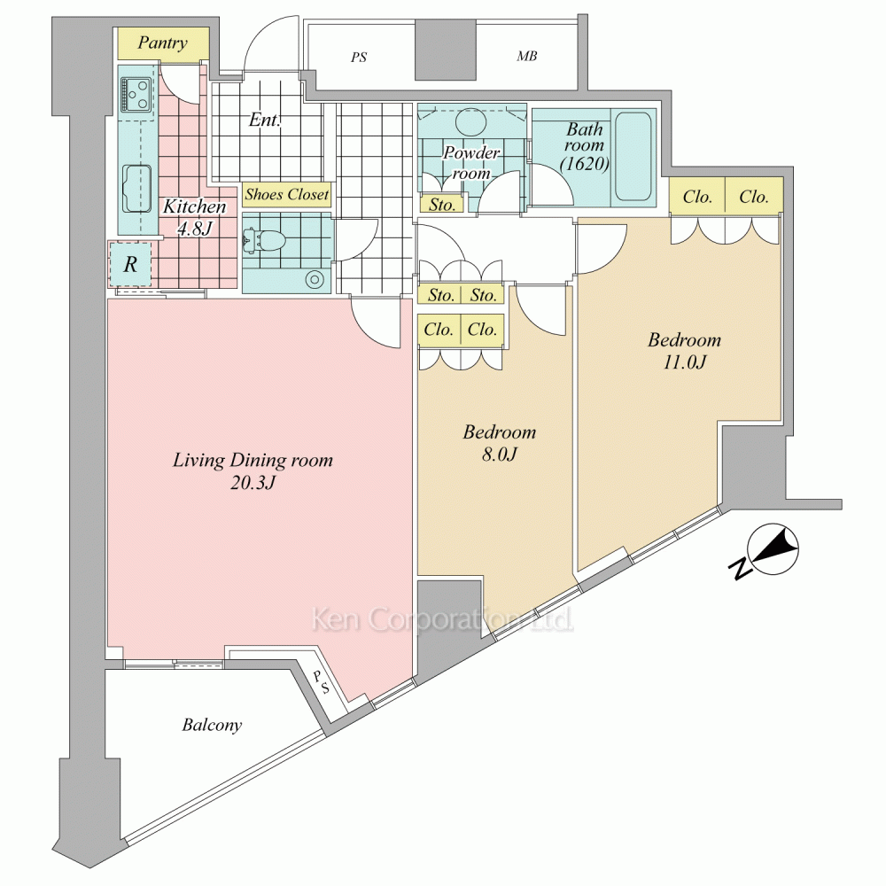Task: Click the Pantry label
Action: tap(163, 43)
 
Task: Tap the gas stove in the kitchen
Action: tap(136, 95)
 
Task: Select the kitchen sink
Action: tap(137, 188)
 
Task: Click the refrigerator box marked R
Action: tap(130, 264)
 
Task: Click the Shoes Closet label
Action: tap(286, 194)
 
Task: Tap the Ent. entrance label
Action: tap(264, 120)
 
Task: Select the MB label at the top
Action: tap(526, 56)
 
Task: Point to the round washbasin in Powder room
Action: tap(471, 120)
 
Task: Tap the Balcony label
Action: tap(212, 725)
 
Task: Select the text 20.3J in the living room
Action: tap(253, 483)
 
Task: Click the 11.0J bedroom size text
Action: tap(684, 361)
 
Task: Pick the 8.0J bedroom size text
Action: tap(500, 454)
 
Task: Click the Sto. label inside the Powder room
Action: tap(441, 205)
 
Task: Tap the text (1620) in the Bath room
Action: tap(584, 164)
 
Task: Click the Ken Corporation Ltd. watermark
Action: tap(442, 619)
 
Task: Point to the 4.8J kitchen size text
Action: tap(194, 229)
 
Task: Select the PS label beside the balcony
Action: tap(320, 682)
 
